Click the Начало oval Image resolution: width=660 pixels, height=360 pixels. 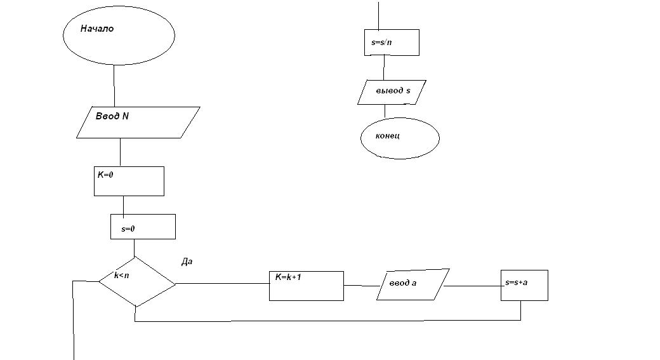tap(119, 36)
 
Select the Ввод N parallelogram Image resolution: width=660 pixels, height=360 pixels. tap(138, 122)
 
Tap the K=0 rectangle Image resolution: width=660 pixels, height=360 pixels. tap(128, 181)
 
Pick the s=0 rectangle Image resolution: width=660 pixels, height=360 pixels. tap(143, 227)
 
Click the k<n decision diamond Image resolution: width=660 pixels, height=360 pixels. tap(136, 282)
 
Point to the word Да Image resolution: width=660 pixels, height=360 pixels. tap(187, 261)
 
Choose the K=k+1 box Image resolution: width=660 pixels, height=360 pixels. tap(306, 286)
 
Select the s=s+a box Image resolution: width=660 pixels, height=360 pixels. tap(524, 286)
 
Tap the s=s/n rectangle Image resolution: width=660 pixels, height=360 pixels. tap(392, 43)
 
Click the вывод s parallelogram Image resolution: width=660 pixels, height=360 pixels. tap(392, 92)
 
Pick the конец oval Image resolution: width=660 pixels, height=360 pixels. tap(400, 138)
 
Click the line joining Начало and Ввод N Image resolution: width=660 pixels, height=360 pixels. tap(114, 86)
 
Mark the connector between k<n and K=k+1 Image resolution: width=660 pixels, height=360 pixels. tap(222, 283)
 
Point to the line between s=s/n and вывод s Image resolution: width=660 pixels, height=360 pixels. tap(383, 67)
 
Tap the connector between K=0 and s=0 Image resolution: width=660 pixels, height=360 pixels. tap(123, 205)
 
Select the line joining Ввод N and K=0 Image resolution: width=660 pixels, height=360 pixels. tap(120, 152)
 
